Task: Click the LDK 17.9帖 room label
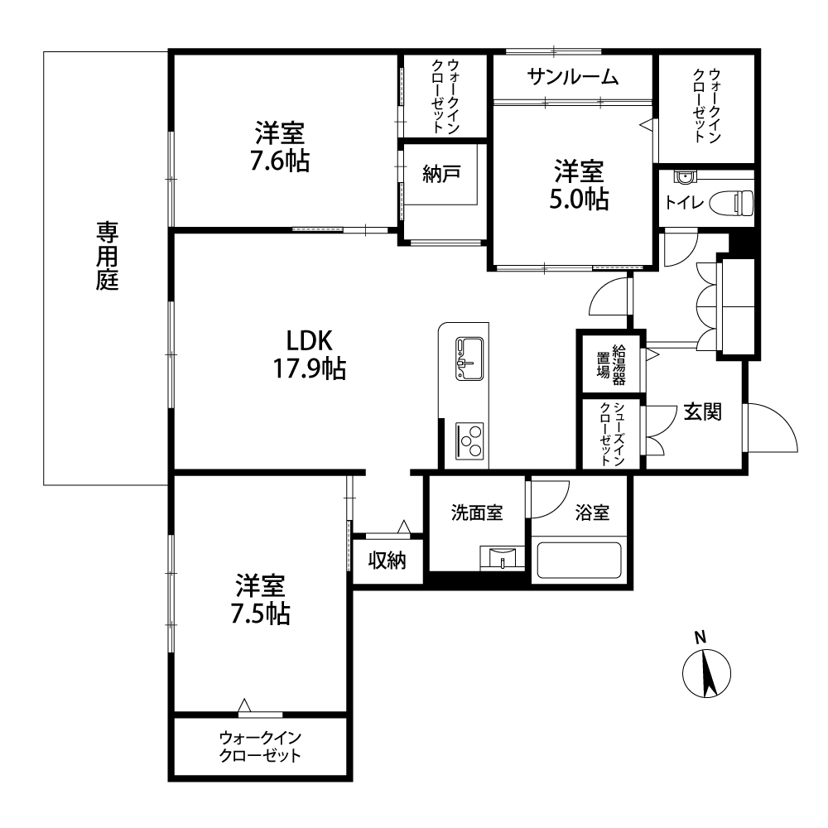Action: (310, 354)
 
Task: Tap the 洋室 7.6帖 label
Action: (280, 147)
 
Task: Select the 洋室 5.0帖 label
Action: (580, 185)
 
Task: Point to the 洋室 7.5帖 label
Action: (260, 599)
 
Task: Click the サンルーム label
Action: (573, 78)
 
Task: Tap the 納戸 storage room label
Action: (441, 174)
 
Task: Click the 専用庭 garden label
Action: (107, 256)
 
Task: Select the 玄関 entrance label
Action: (703, 412)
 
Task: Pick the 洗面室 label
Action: (477, 513)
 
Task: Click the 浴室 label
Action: (593, 513)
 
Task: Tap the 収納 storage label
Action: (387, 561)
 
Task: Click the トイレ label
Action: (684, 202)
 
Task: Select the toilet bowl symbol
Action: (731, 203)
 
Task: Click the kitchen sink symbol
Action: (469, 359)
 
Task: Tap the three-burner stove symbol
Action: (469, 440)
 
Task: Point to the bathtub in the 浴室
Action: (580, 561)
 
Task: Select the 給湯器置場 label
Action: (612, 365)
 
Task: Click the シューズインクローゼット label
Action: (613, 434)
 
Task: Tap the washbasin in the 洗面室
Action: (503, 558)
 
